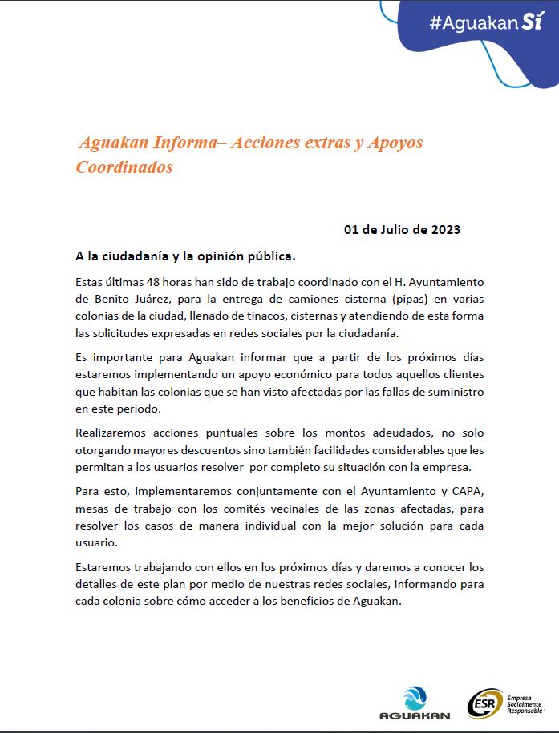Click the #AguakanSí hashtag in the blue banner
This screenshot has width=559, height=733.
tap(486, 22)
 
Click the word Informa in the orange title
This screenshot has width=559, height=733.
tap(178, 143)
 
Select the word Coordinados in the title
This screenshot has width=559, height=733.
tap(124, 167)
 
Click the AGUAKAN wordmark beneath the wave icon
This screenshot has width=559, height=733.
tap(415, 715)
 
